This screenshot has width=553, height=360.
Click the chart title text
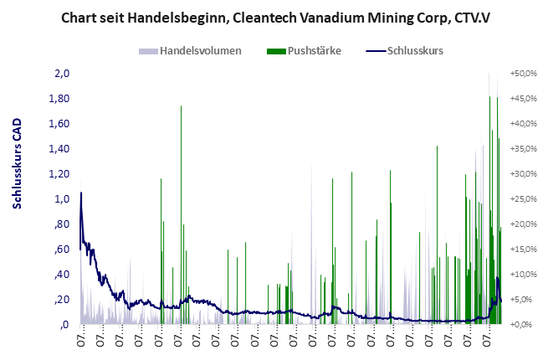point(276,17)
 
